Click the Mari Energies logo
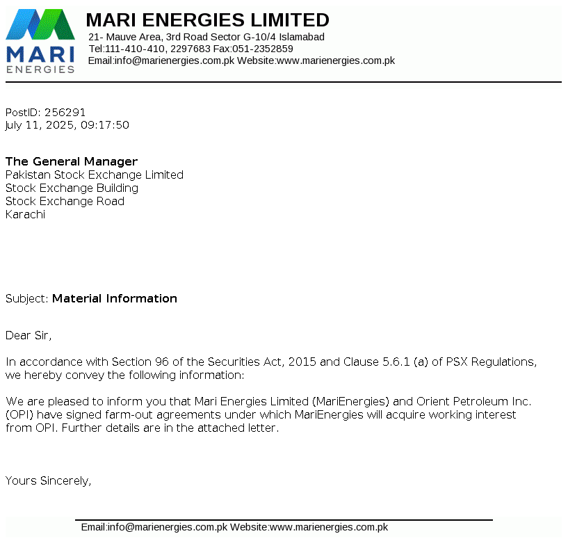[x=40, y=40]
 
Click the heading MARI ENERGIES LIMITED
[x=207, y=19]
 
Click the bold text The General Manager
[x=72, y=162]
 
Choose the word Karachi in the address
[x=25, y=215]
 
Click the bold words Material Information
[x=115, y=299]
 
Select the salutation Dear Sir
[x=28, y=336]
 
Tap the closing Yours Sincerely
[x=48, y=480]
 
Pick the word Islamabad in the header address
[x=302, y=37]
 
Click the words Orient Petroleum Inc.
[x=473, y=402]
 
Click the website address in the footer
[x=329, y=528]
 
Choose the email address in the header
[x=175, y=60]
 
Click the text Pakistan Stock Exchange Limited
[x=95, y=175]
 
